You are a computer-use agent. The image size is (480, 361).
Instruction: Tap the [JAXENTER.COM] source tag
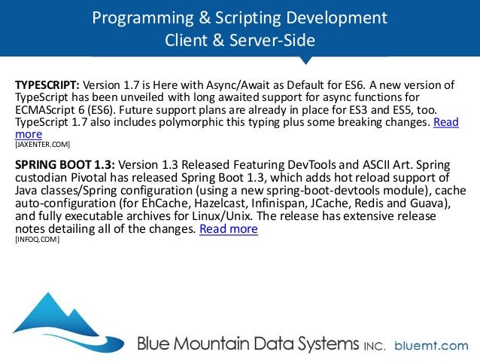click(43, 142)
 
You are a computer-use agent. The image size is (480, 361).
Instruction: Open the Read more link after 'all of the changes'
click(229, 228)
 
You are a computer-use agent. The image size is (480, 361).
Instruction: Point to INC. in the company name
click(375, 347)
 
